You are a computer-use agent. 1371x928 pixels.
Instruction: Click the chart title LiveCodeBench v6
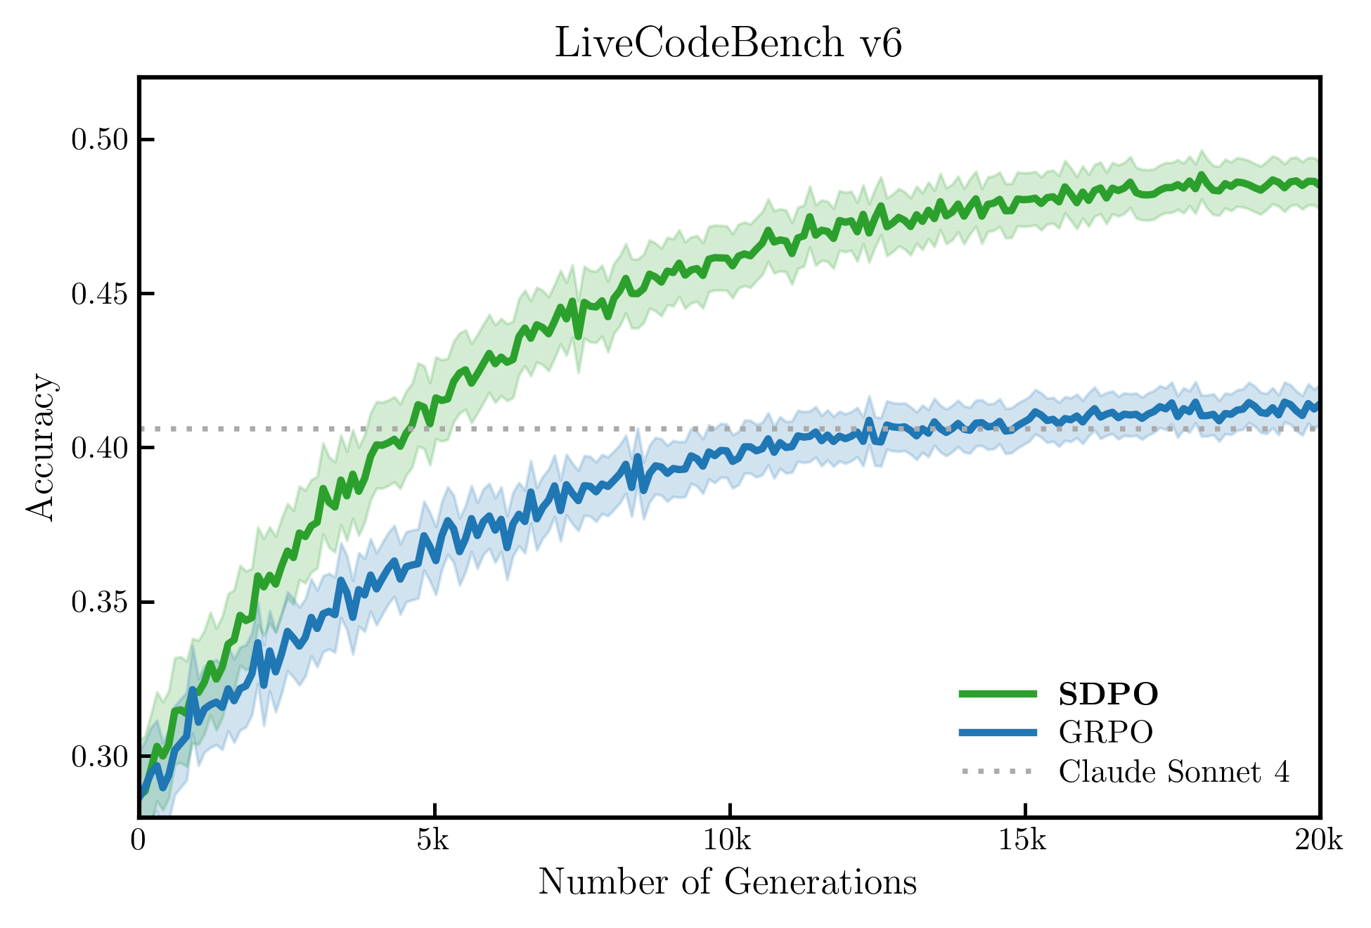coord(728,44)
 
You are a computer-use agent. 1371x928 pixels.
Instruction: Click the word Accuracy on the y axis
coord(41,447)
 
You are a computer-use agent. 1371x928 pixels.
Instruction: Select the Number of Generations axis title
coord(728,882)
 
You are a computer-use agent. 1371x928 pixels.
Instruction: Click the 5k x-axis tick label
coord(433,840)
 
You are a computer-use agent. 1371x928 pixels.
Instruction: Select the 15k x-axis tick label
coord(1024,840)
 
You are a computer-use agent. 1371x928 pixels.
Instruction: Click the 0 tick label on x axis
coord(139,840)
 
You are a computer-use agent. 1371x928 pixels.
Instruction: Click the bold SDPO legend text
coord(1108,695)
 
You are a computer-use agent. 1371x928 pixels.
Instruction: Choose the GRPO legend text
coord(1105,733)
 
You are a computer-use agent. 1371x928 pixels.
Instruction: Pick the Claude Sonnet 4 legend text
coord(1174,772)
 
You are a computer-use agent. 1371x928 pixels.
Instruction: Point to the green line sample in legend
coord(997,694)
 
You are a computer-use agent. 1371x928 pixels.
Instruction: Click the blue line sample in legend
coord(997,733)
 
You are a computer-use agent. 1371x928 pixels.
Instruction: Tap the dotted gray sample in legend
coord(997,772)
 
